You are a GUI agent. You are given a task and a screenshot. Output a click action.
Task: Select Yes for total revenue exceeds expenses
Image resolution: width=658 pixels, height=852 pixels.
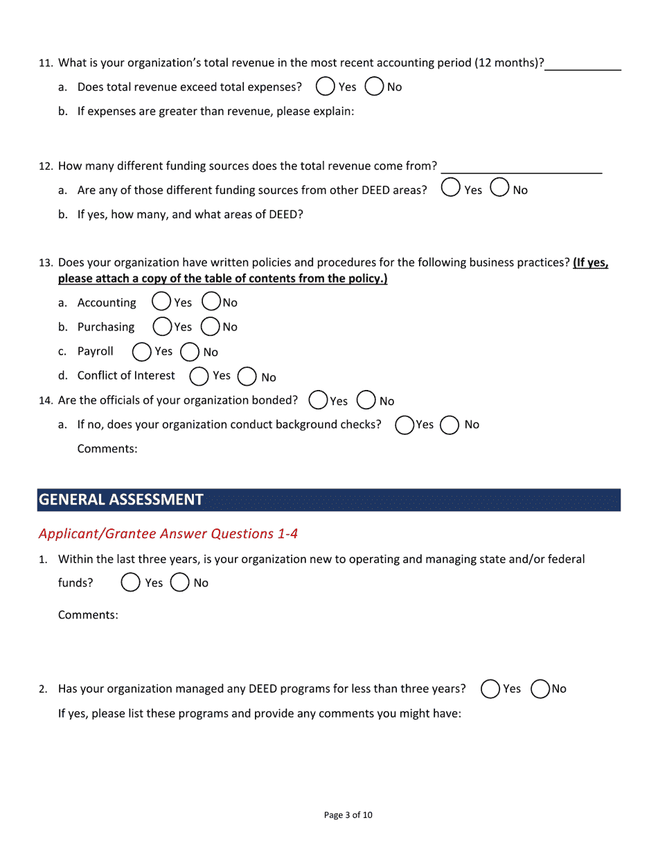324,87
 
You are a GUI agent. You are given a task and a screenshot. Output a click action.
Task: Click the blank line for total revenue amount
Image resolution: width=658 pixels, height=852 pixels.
583,64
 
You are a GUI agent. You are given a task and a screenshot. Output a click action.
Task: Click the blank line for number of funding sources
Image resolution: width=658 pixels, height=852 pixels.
521,166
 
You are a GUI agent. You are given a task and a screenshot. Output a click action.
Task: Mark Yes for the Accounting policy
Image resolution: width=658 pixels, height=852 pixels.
161,301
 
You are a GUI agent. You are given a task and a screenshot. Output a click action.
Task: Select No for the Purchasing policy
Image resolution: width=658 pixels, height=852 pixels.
210,326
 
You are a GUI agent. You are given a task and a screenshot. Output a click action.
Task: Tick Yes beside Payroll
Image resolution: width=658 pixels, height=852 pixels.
141,352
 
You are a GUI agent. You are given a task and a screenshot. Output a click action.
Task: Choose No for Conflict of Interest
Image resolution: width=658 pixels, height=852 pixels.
247,376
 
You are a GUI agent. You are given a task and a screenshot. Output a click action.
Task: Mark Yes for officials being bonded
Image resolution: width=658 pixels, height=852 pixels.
318,400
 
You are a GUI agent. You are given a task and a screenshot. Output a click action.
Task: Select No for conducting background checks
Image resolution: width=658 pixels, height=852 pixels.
450,425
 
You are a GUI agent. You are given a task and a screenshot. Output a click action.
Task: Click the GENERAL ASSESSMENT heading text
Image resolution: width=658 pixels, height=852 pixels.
121,499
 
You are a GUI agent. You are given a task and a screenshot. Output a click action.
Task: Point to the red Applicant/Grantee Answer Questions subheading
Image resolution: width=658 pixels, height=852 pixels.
168,533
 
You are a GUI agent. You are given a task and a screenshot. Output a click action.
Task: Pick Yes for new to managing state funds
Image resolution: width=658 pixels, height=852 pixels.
130,583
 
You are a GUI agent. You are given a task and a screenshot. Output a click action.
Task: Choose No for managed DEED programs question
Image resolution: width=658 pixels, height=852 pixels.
540,689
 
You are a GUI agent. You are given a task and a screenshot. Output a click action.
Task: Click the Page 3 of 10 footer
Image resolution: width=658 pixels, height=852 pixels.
348,815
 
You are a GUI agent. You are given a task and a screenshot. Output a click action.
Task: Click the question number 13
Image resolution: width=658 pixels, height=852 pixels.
45,263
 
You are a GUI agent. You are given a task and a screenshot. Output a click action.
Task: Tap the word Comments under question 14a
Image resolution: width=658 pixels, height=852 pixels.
107,449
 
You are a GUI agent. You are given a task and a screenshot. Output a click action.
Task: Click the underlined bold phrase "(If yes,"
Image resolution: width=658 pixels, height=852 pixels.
590,263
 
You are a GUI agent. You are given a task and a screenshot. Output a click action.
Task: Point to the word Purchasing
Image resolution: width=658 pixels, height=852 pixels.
106,327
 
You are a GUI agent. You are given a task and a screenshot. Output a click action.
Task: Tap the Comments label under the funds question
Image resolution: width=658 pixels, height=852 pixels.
88,615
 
